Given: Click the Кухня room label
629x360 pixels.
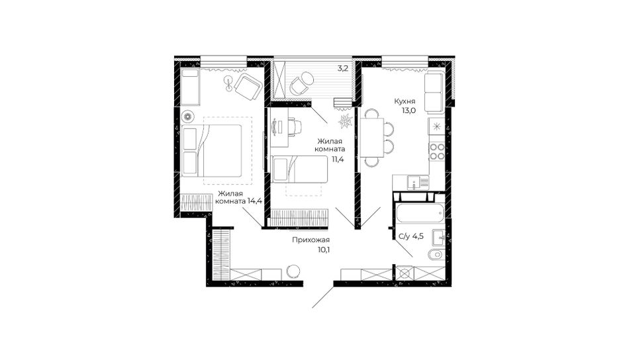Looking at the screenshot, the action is click(x=405, y=101).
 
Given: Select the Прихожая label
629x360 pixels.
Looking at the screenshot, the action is click(x=311, y=240).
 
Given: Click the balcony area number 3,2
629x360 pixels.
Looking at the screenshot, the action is click(x=342, y=68).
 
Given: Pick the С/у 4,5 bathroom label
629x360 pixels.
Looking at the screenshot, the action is click(x=411, y=236).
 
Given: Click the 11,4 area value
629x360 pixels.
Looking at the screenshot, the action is click(x=338, y=159).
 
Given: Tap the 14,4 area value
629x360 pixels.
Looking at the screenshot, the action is click(x=255, y=201).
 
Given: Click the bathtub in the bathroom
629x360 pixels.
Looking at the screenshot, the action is click(x=420, y=214).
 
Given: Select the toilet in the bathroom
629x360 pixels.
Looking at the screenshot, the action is click(x=435, y=255).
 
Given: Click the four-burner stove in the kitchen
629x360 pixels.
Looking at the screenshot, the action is click(x=436, y=152).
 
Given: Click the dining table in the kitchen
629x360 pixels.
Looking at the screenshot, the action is click(x=372, y=138).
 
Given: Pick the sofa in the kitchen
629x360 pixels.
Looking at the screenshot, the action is click(x=434, y=92).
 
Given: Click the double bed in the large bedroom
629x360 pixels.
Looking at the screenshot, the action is click(x=211, y=151).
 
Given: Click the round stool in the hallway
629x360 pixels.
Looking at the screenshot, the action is click(x=293, y=271).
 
